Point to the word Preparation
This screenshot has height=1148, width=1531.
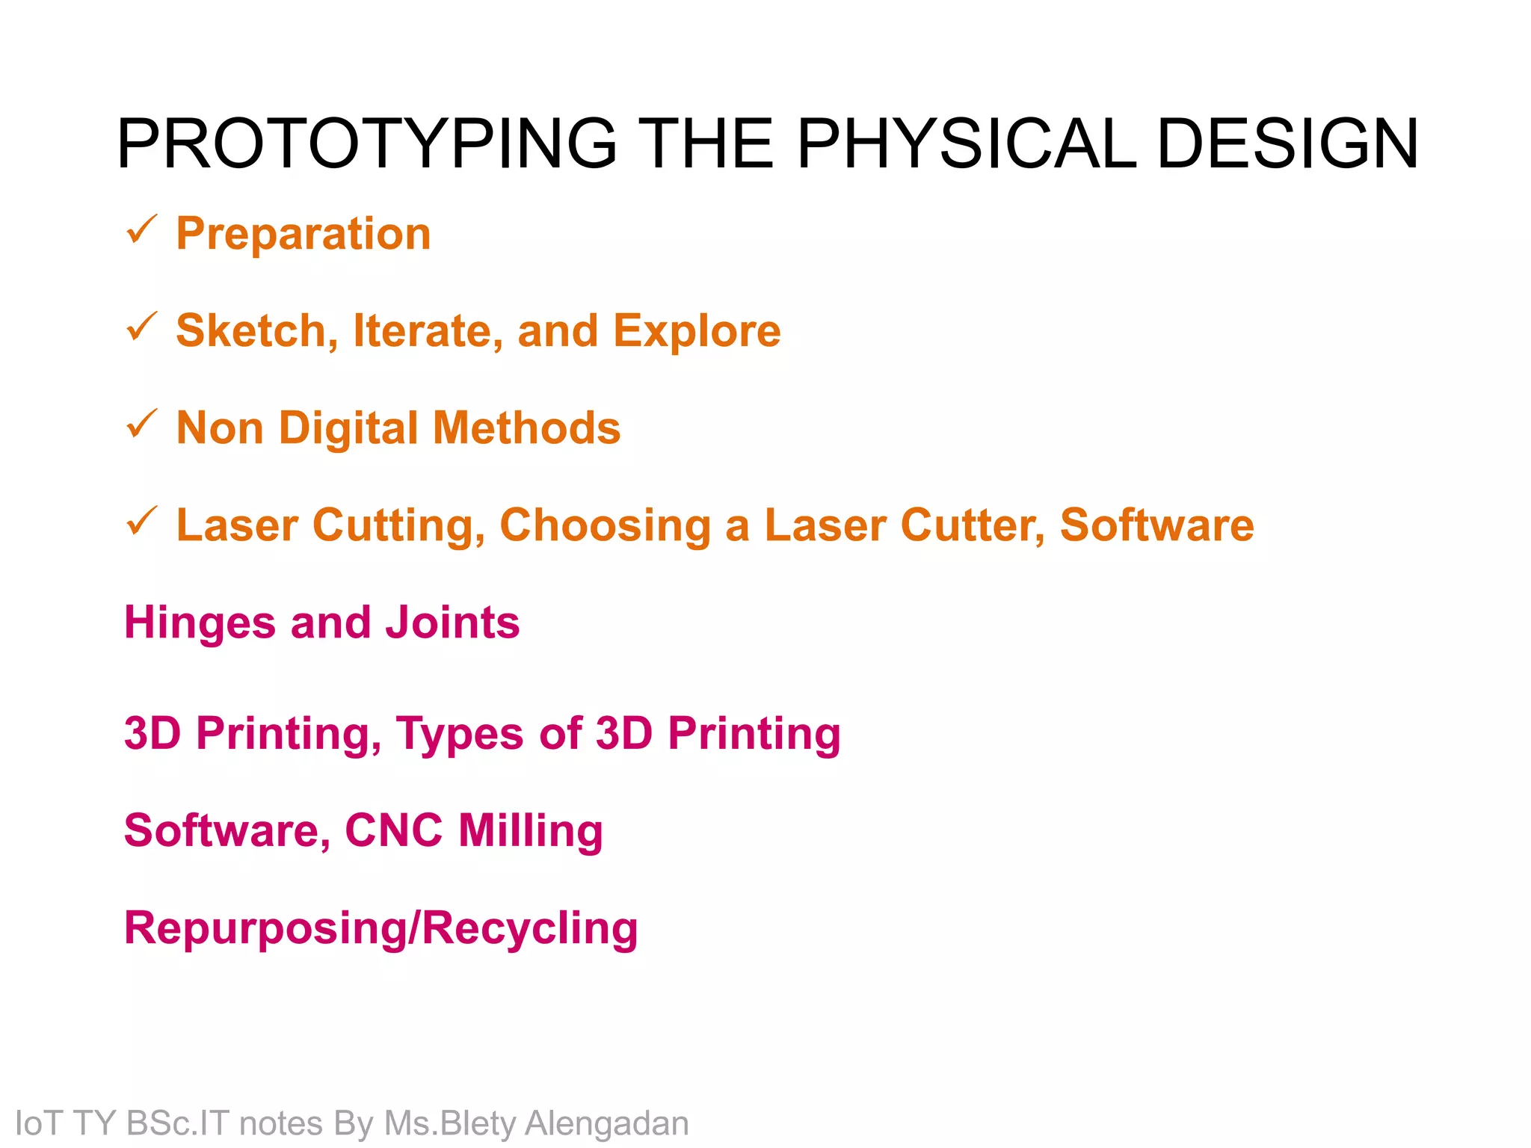(x=304, y=234)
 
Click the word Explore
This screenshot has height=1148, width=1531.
(x=697, y=331)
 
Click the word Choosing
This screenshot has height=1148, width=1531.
(x=605, y=526)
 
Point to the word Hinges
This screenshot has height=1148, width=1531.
(x=200, y=623)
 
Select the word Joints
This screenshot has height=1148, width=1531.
(x=452, y=623)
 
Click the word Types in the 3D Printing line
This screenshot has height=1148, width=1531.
(x=460, y=734)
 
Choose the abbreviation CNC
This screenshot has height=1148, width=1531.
(x=393, y=830)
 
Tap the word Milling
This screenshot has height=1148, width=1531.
(x=530, y=831)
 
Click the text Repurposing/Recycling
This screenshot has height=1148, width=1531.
(x=381, y=929)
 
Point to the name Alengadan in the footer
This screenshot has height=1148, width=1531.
(x=606, y=1123)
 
